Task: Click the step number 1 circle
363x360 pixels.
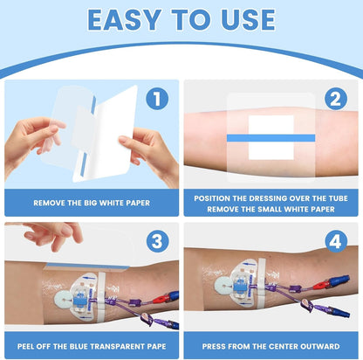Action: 157,99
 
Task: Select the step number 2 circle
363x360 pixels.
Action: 336,99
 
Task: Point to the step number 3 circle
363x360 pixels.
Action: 157,241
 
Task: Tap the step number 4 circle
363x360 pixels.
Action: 336,241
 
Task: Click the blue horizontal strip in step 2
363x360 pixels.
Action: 271,138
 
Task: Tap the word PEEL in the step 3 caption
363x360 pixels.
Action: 27,346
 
